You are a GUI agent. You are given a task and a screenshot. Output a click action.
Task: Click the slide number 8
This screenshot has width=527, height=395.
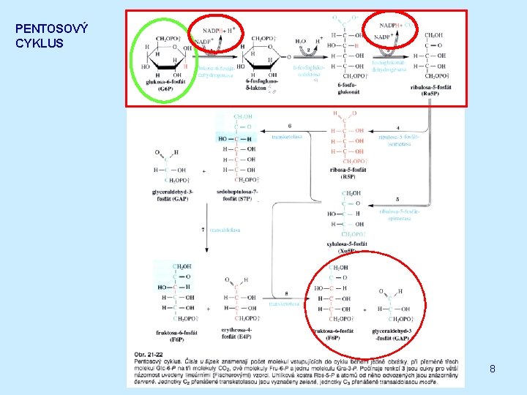click(493, 369)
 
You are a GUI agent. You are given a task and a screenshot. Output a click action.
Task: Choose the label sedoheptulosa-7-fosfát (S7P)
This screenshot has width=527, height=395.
click(237, 195)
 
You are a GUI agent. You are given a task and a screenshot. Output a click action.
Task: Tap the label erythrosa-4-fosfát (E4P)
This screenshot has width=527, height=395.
click(240, 335)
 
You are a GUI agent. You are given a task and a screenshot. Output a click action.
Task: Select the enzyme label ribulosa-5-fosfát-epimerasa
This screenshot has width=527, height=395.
click(400, 214)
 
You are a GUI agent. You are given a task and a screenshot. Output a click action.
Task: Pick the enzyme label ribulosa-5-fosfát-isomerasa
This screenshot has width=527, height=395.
click(400, 140)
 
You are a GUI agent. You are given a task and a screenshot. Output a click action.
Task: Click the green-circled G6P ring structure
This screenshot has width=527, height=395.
click(165, 59)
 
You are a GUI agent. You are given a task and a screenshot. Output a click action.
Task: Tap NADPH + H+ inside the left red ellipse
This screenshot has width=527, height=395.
click(220, 31)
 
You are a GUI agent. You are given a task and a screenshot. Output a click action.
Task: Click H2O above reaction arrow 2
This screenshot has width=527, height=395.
click(301, 41)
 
